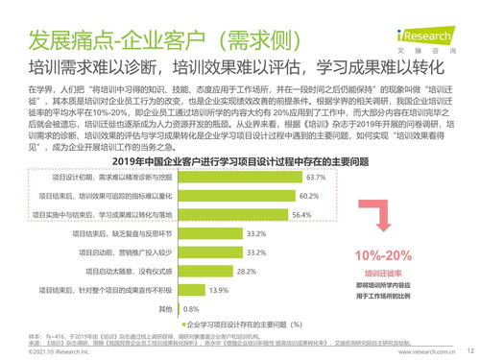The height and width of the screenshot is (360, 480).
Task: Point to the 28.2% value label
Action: pyautogui.click(x=248, y=272)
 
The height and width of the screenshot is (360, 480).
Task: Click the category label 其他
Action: pyautogui.click(x=164, y=309)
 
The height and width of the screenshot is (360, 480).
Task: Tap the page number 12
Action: pyautogui.click(x=469, y=352)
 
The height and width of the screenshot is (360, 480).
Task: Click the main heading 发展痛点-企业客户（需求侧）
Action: pyautogui.click(x=139, y=41)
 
